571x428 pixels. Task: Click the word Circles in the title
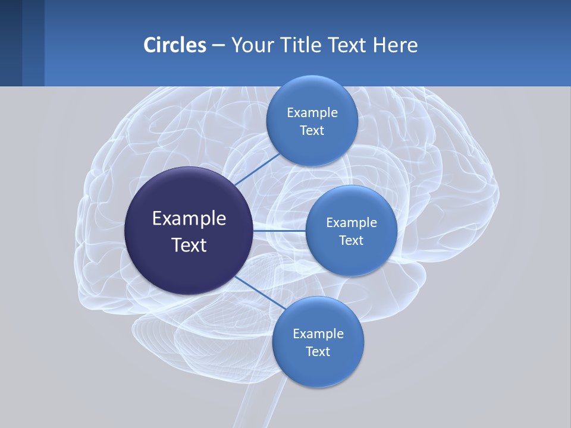175,45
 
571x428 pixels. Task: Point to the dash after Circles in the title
218,46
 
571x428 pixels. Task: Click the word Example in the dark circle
189,219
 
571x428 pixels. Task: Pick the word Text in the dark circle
189,245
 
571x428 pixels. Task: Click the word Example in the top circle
312,113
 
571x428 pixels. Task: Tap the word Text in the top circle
312,131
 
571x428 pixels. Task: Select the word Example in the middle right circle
352,223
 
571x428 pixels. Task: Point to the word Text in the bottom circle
318,352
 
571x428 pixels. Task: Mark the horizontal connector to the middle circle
279,231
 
